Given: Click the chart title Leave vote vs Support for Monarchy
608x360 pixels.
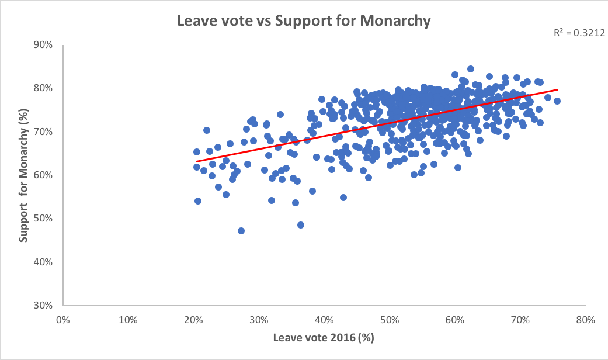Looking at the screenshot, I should click(x=304, y=22).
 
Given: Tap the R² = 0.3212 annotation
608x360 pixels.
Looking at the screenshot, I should click(x=578, y=33).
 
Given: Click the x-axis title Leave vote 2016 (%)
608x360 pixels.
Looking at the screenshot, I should click(x=324, y=338).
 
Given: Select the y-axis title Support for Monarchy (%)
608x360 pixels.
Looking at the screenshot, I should click(x=24, y=175).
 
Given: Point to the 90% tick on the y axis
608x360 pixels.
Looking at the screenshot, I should click(x=43, y=45).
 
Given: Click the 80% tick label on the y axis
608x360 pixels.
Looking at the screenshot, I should click(x=43, y=88).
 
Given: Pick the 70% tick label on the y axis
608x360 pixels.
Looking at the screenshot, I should click(x=43, y=131).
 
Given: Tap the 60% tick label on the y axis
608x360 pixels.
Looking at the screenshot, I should click(x=43, y=175).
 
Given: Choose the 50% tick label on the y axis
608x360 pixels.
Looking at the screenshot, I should click(x=43, y=219).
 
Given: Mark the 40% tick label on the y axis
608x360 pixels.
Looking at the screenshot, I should click(x=43, y=262).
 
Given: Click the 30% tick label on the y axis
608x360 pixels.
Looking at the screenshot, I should click(x=43, y=305).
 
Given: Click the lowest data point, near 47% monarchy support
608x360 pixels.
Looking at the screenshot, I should click(x=241, y=231).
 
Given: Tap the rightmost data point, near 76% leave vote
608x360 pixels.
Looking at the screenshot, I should click(x=557, y=101).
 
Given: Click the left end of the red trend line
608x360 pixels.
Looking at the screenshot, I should click(x=197, y=161).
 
